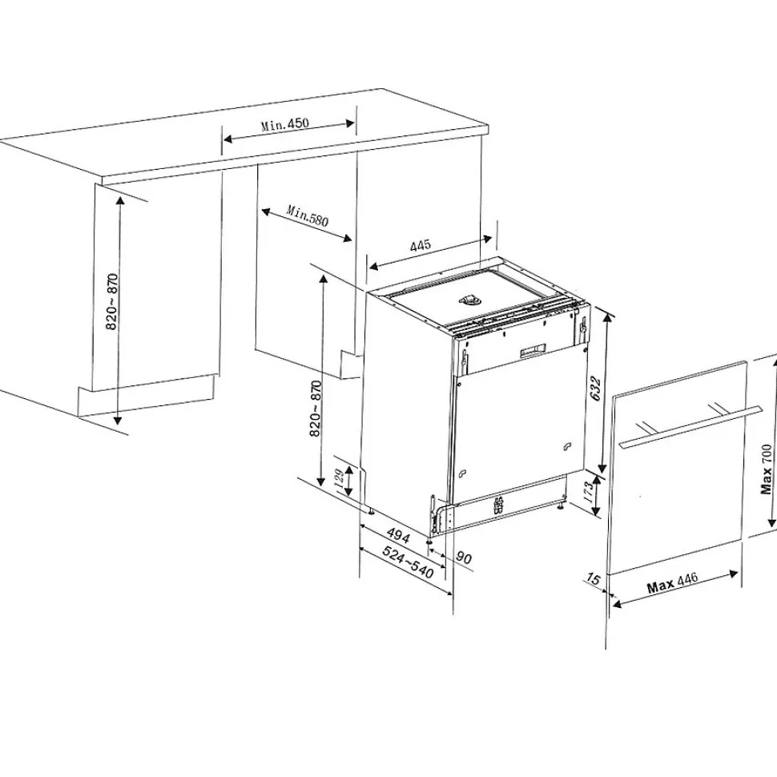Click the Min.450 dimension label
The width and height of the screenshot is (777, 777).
(284, 125)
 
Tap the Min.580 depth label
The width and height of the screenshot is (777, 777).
(308, 215)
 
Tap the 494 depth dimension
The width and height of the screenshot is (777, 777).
(399, 534)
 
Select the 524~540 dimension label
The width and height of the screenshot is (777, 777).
(408, 562)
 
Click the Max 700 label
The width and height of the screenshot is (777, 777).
(767, 469)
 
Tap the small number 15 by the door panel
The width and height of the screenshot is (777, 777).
(593, 578)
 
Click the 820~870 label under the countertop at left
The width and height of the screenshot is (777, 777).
(112, 302)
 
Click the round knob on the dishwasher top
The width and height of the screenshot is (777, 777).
(467, 300)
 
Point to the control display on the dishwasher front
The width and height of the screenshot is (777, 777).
(532, 350)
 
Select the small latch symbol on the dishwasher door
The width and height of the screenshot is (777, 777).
(567, 445)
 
